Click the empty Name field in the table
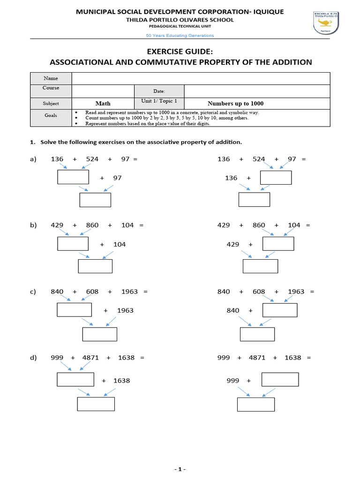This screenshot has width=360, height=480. tap(201, 78)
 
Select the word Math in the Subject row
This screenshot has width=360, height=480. tap(103, 103)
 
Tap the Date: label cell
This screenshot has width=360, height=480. tap(159, 91)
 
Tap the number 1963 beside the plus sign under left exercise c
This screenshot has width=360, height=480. tap(125, 310)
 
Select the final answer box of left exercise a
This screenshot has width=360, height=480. tap(95, 200)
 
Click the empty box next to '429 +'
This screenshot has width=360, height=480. tap(278, 244)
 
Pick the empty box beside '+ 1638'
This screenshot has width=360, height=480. tap(75, 379)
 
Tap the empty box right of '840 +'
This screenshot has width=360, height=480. tap(280, 310)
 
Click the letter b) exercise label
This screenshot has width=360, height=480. tap(33, 225)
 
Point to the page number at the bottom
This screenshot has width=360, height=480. tap(180, 469)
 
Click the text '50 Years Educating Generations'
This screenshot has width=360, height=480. tap(180, 36)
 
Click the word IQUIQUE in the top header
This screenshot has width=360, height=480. tap(267, 12)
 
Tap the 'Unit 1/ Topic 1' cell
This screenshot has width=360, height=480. tap(159, 102)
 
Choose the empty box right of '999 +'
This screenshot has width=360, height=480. tap(280, 379)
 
